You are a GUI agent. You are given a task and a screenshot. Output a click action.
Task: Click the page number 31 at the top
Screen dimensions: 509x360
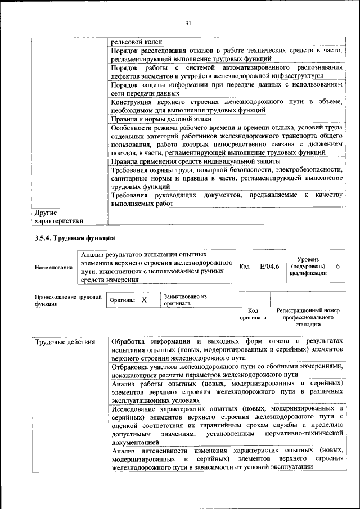click(x=188, y=22)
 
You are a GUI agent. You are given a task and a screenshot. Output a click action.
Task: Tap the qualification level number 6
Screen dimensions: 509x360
click(x=337, y=266)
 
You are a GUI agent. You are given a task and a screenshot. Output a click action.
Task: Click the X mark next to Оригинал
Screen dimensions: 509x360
click(x=144, y=300)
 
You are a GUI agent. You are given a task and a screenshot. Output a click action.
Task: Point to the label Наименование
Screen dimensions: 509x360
click(x=53, y=267)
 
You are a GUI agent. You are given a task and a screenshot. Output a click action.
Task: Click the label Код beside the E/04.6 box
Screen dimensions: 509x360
click(x=244, y=266)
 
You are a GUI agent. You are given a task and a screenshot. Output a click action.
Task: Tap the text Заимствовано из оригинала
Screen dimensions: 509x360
click(x=185, y=300)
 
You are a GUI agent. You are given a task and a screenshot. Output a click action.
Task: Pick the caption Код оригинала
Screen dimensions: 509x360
click(x=253, y=314)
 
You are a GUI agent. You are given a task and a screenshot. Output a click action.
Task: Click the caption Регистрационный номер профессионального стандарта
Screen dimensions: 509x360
click(x=308, y=317)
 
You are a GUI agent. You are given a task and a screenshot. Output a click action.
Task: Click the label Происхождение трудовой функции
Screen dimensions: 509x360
click(x=68, y=299)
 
